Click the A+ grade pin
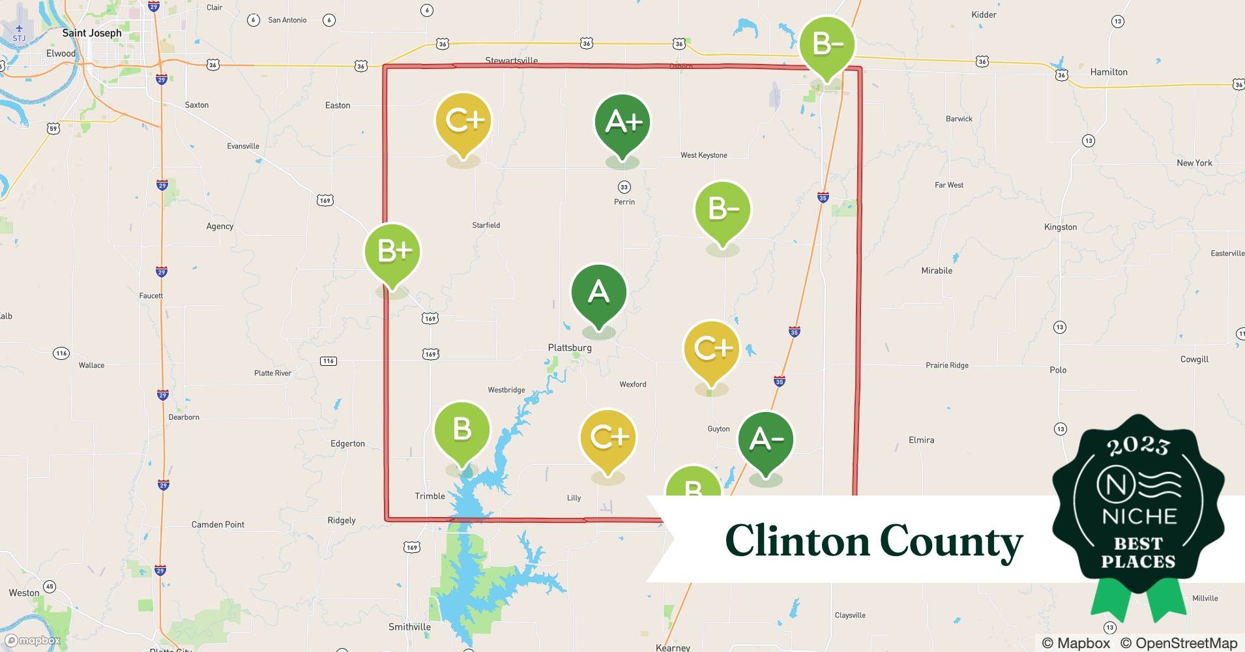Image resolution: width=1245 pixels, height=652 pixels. coord(622,122)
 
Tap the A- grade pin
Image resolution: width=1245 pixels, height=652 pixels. coord(766,440)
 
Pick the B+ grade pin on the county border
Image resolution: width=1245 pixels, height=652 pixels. coord(392,252)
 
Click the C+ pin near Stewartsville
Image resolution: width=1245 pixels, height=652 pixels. coord(463,121)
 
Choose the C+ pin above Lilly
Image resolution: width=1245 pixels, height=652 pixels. coord(608,437)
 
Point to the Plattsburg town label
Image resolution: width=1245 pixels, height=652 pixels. coord(570,348)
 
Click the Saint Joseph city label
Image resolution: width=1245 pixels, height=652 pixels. coord(92,33)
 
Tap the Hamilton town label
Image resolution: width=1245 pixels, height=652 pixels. coord(1109,72)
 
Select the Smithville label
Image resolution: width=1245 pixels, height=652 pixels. coord(409,627)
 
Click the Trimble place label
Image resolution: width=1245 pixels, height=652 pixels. coord(430,496)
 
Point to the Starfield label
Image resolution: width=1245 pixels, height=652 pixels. coord(486,225)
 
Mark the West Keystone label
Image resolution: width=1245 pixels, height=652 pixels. coord(704,155)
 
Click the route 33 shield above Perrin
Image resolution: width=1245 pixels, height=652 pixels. coord(624,187)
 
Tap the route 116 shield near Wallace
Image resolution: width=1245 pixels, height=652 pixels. coord(61,353)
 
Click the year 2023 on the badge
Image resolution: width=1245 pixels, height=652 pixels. coord(1138,447)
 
